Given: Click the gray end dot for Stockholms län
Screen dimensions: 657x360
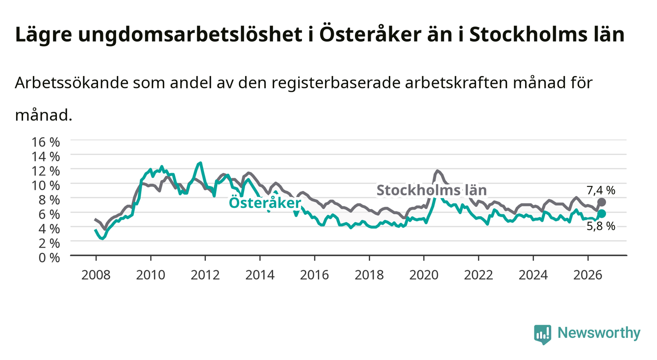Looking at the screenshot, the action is click(x=602, y=202).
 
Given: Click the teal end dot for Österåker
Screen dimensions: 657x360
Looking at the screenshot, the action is click(x=602, y=213).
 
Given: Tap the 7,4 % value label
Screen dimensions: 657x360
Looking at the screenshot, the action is click(x=601, y=191).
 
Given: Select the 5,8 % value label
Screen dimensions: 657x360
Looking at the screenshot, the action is click(x=601, y=226).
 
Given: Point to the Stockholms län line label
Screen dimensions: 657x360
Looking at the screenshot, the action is click(x=431, y=190).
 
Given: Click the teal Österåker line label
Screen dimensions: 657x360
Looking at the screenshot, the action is click(x=265, y=203).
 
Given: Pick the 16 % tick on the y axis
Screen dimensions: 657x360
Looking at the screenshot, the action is click(x=46, y=142).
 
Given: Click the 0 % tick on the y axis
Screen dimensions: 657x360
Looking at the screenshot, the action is click(x=49, y=258).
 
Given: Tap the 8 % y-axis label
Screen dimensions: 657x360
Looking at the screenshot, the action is click(x=49, y=200).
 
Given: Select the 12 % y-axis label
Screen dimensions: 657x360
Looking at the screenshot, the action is click(x=46, y=171).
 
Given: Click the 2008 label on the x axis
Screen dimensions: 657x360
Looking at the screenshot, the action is click(x=96, y=275).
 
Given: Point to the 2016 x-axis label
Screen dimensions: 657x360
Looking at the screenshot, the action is click(x=314, y=275).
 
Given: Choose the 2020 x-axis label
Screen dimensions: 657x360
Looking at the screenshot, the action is click(x=424, y=275).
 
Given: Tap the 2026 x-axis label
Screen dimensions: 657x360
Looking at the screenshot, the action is click(x=588, y=275).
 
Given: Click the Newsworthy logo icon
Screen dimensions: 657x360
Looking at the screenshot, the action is click(x=543, y=334).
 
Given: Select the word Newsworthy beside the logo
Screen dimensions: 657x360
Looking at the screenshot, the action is click(x=599, y=333).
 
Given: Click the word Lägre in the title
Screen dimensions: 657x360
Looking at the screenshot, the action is click(x=44, y=35).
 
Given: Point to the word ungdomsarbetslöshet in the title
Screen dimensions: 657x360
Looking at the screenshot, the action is click(x=190, y=35).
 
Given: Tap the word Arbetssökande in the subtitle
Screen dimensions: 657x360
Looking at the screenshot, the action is click(x=72, y=83).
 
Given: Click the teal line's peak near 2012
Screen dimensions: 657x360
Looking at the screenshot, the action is click(x=201, y=162).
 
